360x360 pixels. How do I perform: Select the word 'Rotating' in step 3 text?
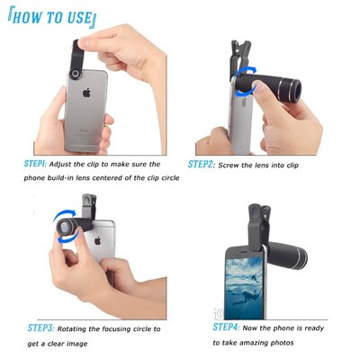(x=87, y=328)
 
